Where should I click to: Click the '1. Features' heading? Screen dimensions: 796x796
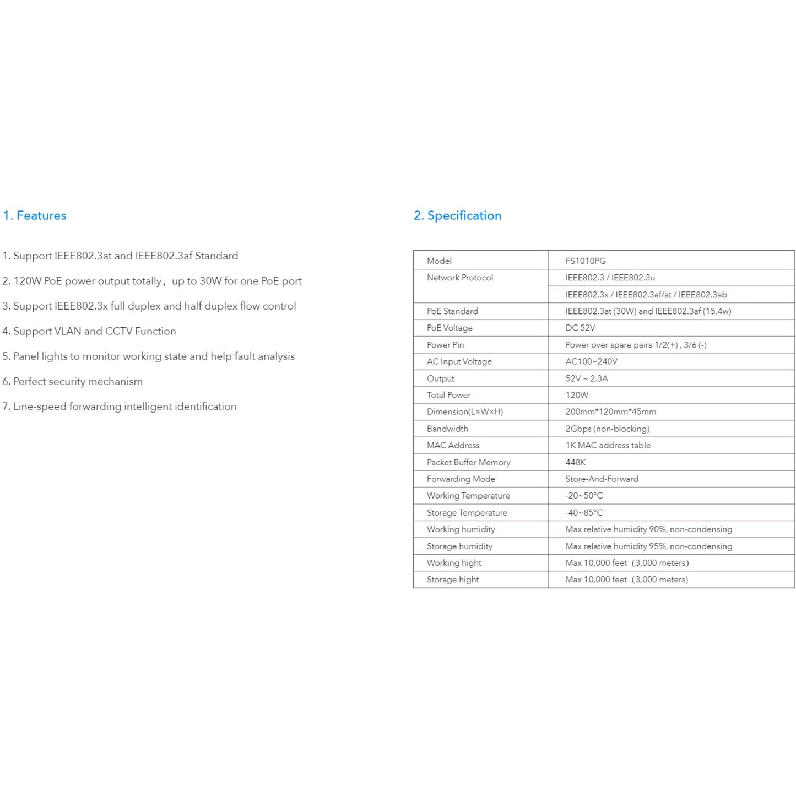[35, 215]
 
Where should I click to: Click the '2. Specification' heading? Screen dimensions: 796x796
[457, 215]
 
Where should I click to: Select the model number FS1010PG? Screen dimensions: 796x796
[585, 261]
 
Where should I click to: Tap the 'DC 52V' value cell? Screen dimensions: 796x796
[580, 328]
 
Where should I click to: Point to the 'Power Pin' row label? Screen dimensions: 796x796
[445, 345]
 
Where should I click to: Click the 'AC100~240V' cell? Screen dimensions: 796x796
[591, 361]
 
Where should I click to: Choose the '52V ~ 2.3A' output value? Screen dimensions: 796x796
[587, 378]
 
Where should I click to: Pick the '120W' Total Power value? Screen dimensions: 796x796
[577, 395]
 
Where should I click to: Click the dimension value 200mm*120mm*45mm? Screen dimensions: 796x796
[610, 411]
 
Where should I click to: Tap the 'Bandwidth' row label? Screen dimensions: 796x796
[447, 429]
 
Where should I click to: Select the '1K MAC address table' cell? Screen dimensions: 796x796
[608, 445]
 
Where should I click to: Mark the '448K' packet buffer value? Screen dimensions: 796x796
[575, 462]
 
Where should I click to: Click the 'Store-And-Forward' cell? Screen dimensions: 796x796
[602, 479]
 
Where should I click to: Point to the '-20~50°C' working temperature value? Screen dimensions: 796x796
[584, 496]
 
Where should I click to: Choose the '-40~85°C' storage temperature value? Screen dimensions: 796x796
[584, 512]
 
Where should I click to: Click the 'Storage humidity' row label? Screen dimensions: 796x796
[459, 546]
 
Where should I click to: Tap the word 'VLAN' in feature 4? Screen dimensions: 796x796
[67, 331]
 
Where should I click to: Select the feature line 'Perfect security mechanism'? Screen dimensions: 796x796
[78, 381]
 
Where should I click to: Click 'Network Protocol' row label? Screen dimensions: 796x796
[459, 278]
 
